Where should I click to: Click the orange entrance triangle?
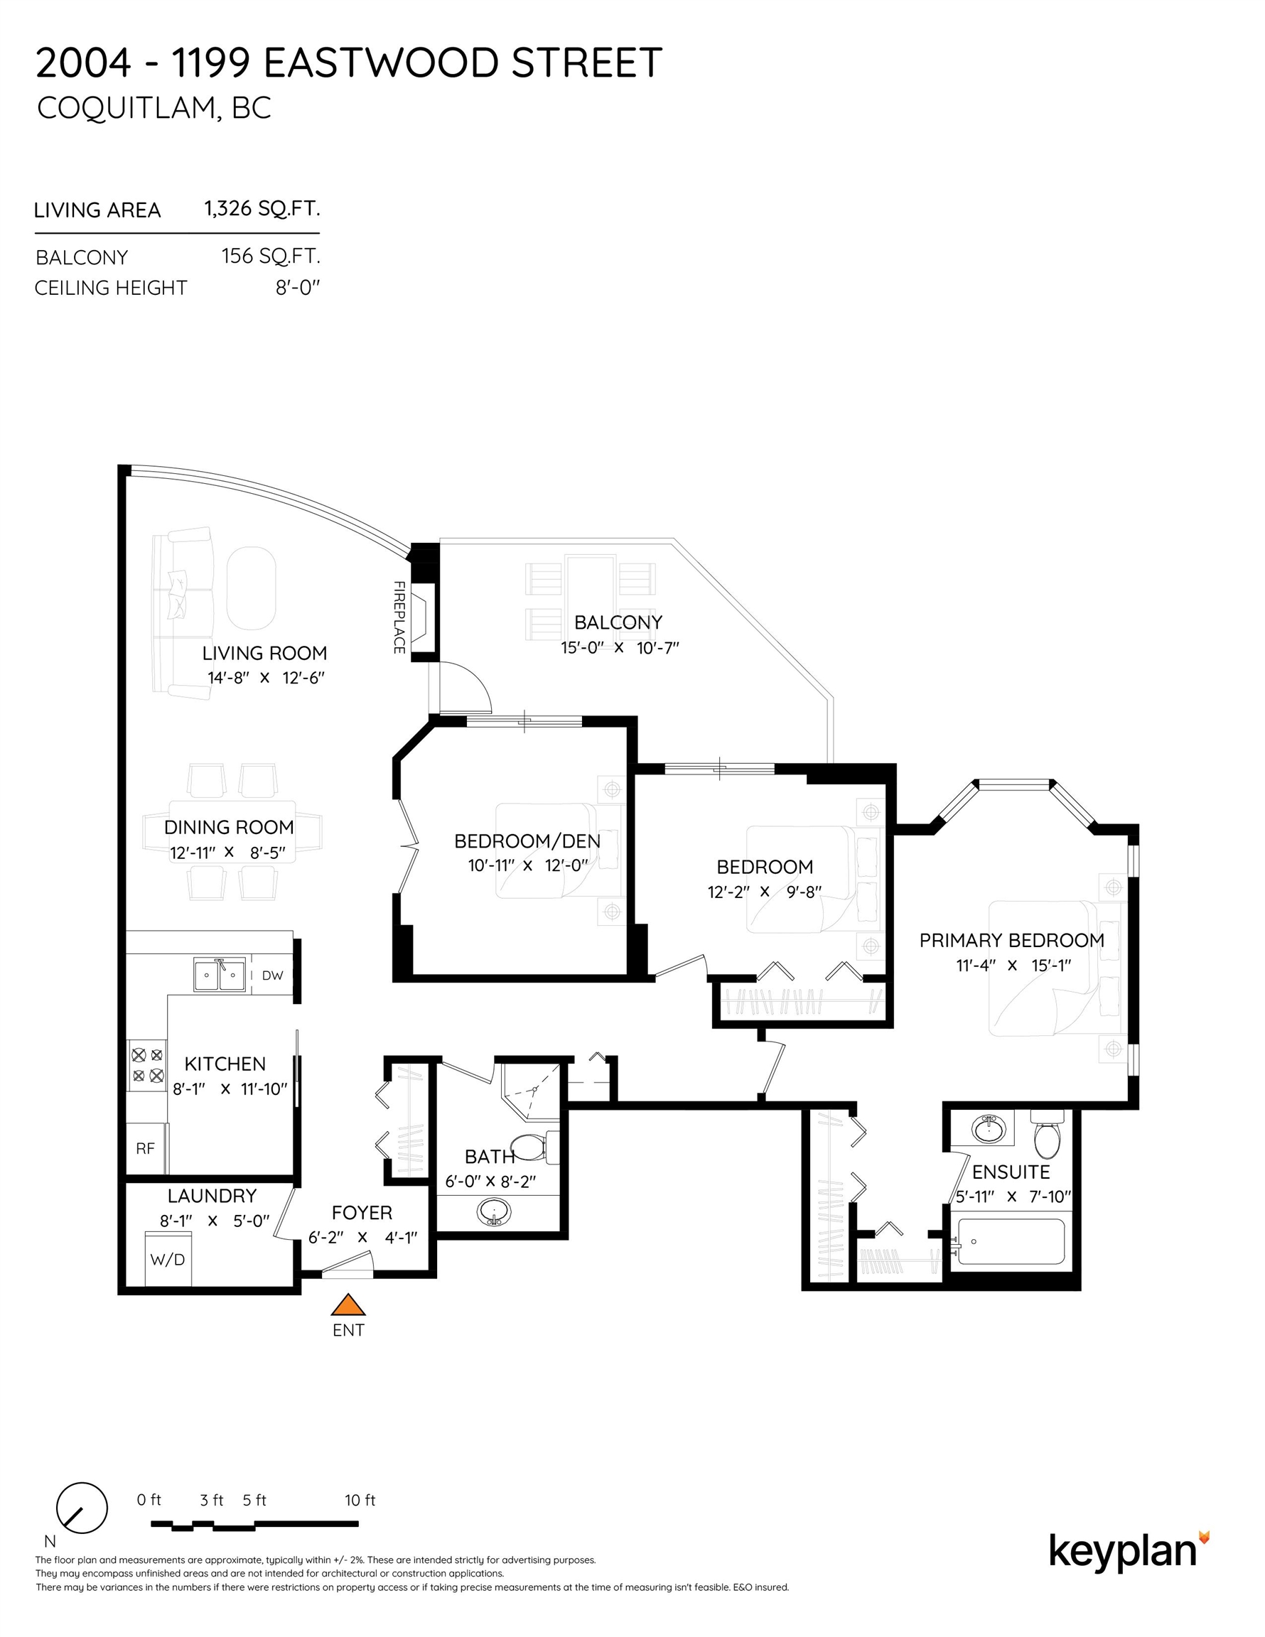point(348,1305)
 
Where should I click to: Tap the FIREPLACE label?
point(399,617)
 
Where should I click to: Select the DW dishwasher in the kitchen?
point(272,975)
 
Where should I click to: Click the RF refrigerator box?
point(146,1147)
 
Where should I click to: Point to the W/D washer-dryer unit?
point(168,1258)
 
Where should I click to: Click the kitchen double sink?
point(219,974)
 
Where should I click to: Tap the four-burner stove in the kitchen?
point(147,1065)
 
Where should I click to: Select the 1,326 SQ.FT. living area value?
point(262,208)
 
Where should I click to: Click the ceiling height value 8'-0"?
point(298,288)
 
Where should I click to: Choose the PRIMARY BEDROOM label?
point(1011,940)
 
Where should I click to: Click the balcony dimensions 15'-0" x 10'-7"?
point(620,647)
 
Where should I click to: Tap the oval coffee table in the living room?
point(251,588)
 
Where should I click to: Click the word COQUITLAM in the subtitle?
point(126,109)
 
